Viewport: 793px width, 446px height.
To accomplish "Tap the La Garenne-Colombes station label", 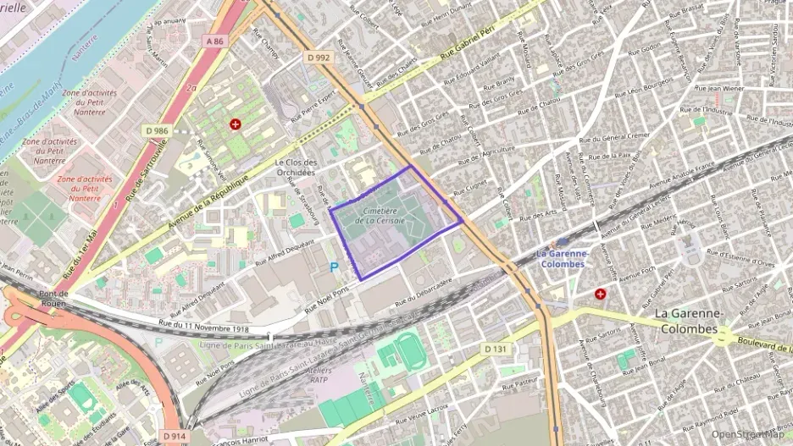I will (561, 259).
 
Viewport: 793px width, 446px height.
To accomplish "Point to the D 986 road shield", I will (158, 130).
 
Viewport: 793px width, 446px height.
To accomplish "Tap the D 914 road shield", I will (174, 436).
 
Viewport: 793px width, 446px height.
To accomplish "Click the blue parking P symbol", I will (334, 267).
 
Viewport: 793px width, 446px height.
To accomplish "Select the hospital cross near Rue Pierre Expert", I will (235, 124).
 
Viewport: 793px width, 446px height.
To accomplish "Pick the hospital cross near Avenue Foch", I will (601, 294).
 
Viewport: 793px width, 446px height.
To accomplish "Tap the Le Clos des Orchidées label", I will (296, 167).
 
